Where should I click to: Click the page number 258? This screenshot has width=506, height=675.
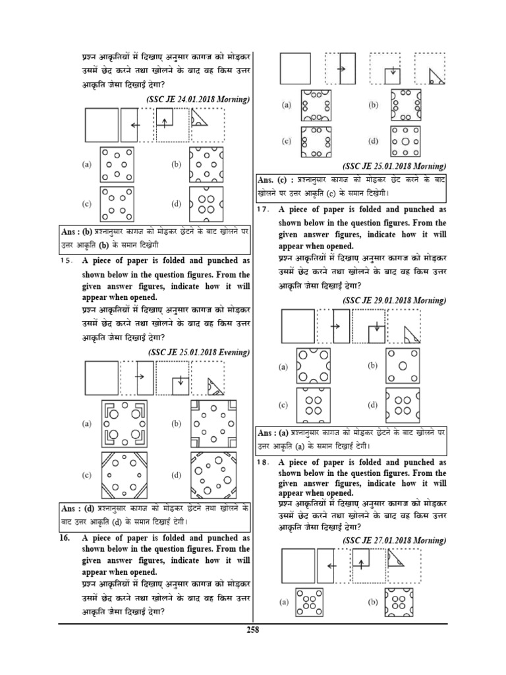pos(252,630)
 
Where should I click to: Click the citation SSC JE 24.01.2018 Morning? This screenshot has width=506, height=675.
pos(198,99)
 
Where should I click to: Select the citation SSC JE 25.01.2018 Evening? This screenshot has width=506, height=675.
pos(200,352)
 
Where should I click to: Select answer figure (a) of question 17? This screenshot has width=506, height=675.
pos(313,368)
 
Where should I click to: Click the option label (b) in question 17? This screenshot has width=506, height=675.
pos(372,365)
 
